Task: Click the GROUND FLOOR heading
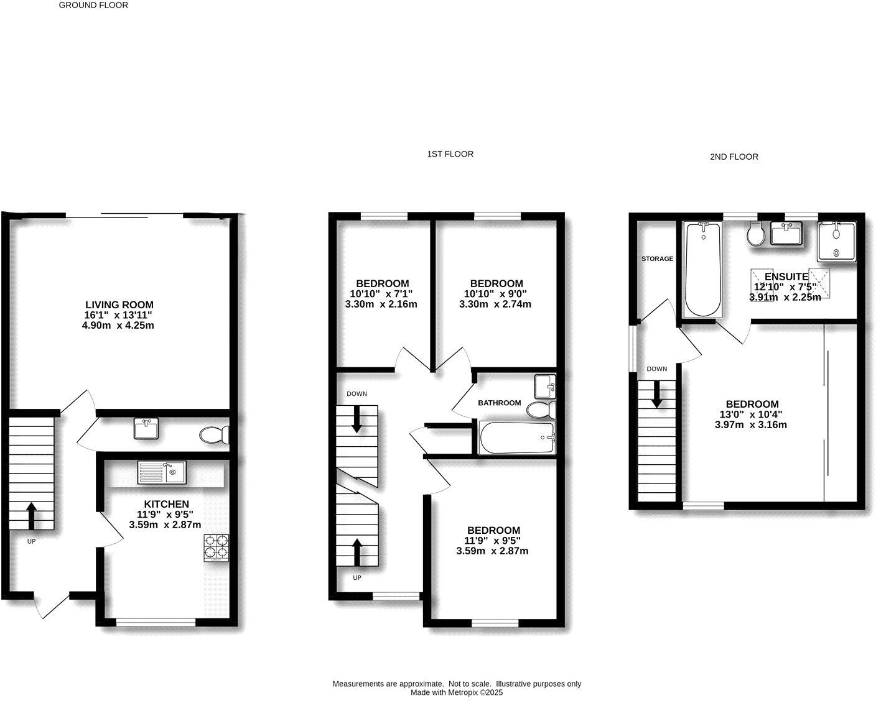[93, 5]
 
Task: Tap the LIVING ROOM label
[119, 305]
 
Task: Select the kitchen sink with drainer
[161, 473]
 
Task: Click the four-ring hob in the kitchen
[215, 548]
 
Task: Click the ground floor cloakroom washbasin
[146, 429]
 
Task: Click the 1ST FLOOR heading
[450, 154]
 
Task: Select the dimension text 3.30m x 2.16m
[381, 305]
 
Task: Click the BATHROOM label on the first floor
[499, 403]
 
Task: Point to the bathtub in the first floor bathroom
[518, 438]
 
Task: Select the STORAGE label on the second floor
[657, 259]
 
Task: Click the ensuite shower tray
[837, 242]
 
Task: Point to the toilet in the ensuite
[756, 235]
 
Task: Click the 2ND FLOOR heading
[734, 157]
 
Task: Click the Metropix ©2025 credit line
[456, 692]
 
